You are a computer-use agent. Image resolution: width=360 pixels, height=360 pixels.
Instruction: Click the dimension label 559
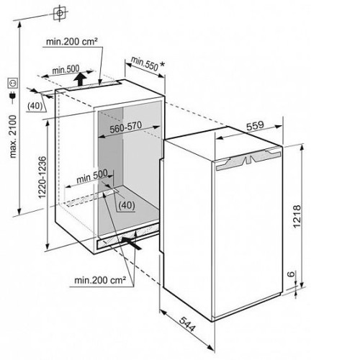[x=255, y=125]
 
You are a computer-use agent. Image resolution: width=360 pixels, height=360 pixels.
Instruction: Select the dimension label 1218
[x=297, y=216]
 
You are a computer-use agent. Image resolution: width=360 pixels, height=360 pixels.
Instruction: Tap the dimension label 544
[x=188, y=324]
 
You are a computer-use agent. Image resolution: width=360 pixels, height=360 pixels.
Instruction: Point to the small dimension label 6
[x=291, y=274]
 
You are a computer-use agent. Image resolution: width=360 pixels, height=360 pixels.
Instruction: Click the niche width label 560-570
[x=125, y=127]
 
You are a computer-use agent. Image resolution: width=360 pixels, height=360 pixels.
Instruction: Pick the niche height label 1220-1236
[x=42, y=177]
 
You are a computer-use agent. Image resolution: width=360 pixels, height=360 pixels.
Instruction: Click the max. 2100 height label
[x=13, y=136]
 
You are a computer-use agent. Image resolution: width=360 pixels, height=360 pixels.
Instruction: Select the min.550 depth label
[x=145, y=63]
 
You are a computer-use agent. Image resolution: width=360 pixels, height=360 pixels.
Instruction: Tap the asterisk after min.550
[x=162, y=64]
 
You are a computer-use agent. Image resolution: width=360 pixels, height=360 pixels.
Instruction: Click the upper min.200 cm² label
[x=72, y=42]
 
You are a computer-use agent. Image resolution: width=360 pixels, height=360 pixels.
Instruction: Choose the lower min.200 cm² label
[x=100, y=280]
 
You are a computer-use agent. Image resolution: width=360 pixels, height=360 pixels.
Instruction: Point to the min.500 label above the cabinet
[x=66, y=69]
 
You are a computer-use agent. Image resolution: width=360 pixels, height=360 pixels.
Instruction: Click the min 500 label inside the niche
[x=92, y=176]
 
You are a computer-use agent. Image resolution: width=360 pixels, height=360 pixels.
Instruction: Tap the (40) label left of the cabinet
[x=35, y=106]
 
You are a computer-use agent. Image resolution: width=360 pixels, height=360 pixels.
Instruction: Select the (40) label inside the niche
[x=127, y=205]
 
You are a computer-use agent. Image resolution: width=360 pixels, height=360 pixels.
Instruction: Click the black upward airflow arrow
[x=80, y=79]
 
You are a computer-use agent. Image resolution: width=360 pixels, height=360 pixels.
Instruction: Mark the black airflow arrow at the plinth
[x=132, y=243]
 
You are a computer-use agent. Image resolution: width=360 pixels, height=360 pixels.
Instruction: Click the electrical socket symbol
[x=13, y=83]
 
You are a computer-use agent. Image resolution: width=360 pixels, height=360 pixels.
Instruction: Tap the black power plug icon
[x=12, y=96]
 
